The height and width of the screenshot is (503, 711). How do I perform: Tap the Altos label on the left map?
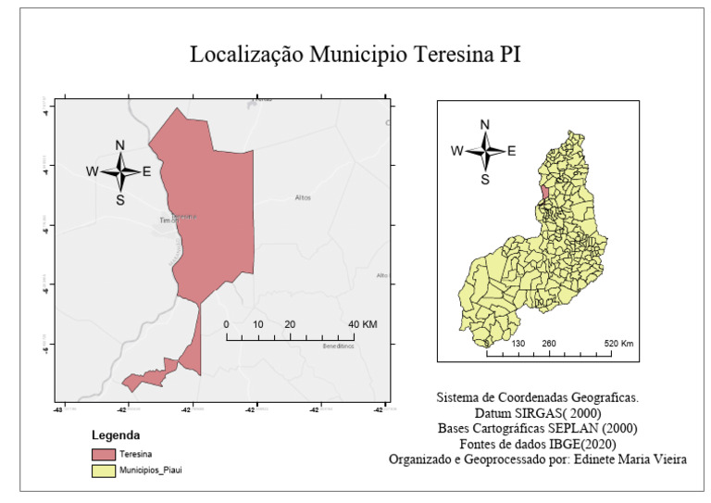[303, 197]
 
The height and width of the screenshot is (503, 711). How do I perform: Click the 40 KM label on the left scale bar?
[363, 324]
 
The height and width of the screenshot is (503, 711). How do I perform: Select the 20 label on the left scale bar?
[290, 324]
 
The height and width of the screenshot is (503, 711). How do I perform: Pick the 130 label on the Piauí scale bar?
[518, 344]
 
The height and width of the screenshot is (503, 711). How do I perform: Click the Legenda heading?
[116, 434]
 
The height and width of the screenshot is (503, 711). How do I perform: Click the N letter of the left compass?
[119, 145]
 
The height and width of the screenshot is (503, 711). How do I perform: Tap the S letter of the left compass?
[119, 199]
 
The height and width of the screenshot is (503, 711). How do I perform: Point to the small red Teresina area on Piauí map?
[543, 191]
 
